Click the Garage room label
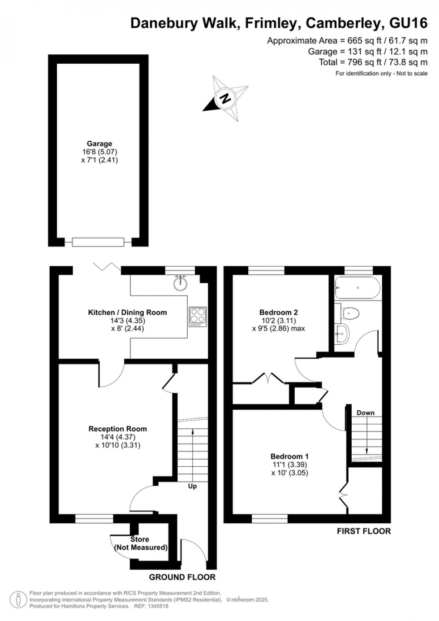[99, 144]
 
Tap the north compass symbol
[225, 98]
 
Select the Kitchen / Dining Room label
[127, 313]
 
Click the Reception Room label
[117, 429]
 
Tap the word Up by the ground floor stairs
[192, 486]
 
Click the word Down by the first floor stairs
[366, 413]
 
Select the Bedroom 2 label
[279, 313]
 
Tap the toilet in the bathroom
[349, 313]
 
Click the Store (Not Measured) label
[140, 543]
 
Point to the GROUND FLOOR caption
[182, 577]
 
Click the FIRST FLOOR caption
[364, 531]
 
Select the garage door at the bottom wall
[98, 242]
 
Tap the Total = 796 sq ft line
[373, 62]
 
